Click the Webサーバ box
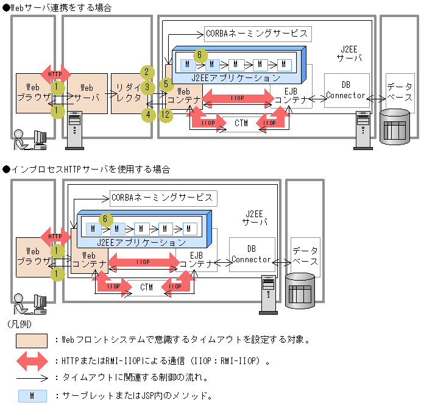point(87,93)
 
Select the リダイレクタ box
point(129,93)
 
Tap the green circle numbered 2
point(147,72)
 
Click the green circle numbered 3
point(147,87)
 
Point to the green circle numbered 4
point(147,114)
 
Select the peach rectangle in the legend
point(32,340)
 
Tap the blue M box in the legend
point(32,395)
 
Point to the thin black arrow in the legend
point(32,378)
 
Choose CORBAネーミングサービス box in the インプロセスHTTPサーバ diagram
point(162,198)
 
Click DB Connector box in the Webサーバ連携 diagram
point(346,90)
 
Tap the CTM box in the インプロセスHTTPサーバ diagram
point(146,287)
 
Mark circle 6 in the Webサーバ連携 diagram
point(197,55)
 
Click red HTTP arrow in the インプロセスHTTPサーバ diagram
point(55,237)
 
